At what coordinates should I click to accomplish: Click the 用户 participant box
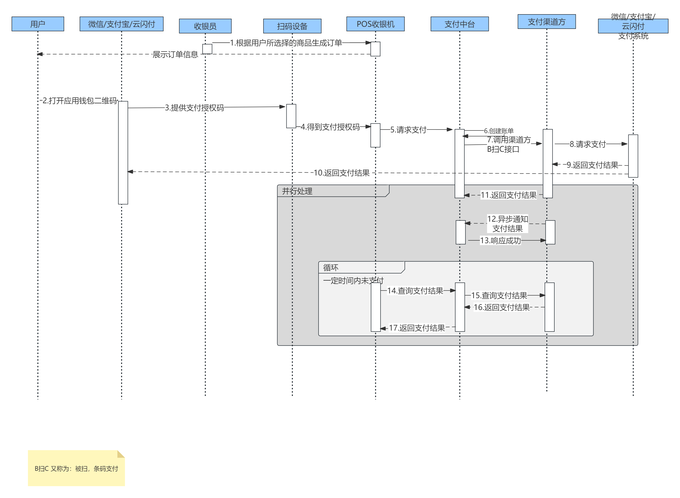(x=38, y=24)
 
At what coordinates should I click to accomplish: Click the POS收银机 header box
(x=375, y=24)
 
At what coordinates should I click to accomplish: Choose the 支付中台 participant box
(x=459, y=24)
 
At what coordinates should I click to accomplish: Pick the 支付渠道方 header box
(x=546, y=22)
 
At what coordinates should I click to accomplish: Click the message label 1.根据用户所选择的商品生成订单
(x=286, y=43)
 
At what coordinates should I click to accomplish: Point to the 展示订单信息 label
(x=175, y=54)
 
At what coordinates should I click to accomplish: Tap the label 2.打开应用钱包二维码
(x=79, y=100)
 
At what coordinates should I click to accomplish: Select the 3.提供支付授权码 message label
(x=194, y=108)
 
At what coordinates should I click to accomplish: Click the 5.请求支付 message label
(x=408, y=130)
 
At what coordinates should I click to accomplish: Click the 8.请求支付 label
(x=587, y=144)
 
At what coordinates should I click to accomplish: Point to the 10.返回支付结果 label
(x=341, y=173)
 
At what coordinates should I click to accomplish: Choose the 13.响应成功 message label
(x=500, y=241)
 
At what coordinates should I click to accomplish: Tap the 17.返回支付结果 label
(x=417, y=328)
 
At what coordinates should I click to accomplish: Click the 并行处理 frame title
(x=297, y=191)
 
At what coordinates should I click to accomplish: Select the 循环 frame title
(x=330, y=268)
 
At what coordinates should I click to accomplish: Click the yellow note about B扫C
(x=76, y=468)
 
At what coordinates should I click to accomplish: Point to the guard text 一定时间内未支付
(x=353, y=281)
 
